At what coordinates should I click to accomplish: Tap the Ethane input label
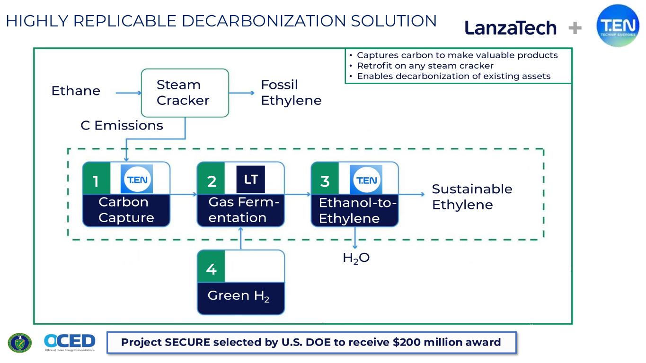click(x=76, y=91)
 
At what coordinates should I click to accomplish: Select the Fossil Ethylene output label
click(x=291, y=93)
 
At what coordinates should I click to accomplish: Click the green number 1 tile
click(x=97, y=178)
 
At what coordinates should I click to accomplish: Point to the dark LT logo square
click(x=251, y=179)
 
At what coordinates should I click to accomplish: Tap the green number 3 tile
click(x=325, y=178)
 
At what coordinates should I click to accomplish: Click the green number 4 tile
click(x=211, y=266)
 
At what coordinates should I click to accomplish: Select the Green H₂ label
click(x=239, y=296)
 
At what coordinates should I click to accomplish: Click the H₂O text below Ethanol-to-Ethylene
click(x=356, y=258)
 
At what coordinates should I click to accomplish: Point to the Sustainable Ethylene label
click(x=472, y=197)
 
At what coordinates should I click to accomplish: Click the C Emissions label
click(x=122, y=125)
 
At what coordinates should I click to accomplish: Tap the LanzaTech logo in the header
click(x=511, y=28)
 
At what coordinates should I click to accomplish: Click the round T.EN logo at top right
click(x=618, y=26)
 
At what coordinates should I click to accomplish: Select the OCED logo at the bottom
click(x=70, y=342)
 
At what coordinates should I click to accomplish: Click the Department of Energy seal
click(x=19, y=343)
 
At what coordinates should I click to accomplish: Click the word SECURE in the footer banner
click(x=187, y=342)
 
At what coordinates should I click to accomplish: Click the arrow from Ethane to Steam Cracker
click(x=128, y=93)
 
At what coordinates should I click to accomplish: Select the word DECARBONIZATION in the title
click(x=264, y=21)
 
